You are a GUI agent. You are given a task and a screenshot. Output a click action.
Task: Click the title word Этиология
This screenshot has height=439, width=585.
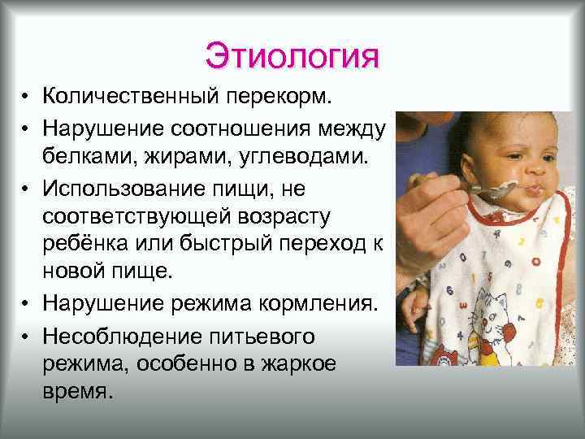click(x=292, y=56)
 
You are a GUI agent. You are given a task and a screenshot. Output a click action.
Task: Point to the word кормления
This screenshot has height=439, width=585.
click(x=323, y=306)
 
